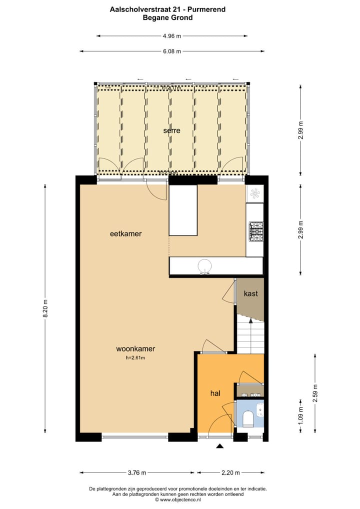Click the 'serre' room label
171,130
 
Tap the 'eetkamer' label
126,233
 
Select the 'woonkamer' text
135,348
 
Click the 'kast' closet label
250,293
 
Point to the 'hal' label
215,393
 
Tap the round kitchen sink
205,265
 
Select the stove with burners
256,230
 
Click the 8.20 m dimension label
45,308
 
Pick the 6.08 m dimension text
172,51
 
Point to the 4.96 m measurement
172,36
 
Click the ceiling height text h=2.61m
135,357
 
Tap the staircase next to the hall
249,336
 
